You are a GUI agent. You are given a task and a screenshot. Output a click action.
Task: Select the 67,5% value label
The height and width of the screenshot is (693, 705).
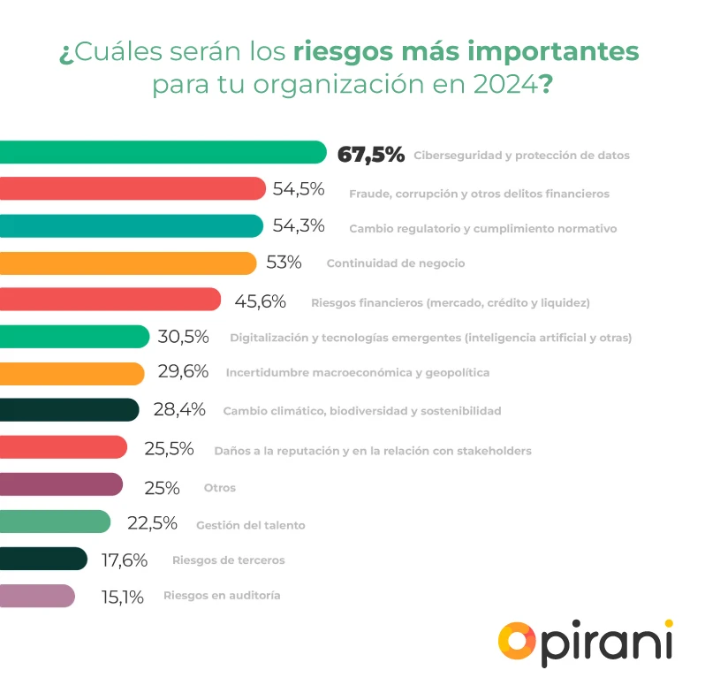[371, 155]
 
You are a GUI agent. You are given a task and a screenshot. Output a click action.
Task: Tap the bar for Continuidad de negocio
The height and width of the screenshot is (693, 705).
[128, 263]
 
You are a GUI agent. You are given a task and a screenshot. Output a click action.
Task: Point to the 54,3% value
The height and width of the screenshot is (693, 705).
[299, 226]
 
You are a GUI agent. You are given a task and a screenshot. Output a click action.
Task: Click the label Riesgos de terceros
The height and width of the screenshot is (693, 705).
[229, 560]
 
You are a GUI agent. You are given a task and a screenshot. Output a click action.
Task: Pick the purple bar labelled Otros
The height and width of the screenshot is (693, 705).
[62, 486]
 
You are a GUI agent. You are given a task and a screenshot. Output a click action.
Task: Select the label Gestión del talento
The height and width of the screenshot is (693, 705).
[250, 525]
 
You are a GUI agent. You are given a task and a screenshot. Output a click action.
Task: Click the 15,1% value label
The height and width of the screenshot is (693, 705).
[123, 597]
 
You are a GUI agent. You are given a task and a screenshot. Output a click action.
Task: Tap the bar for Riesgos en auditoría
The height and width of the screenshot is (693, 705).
[37, 597]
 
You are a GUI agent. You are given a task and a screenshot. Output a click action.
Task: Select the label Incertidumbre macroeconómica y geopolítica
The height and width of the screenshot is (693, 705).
[357, 373]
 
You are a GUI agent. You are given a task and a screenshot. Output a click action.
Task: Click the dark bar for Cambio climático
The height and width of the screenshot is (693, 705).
[69, 410]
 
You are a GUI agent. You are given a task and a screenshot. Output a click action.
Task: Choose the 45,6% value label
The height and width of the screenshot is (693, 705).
[260, 301]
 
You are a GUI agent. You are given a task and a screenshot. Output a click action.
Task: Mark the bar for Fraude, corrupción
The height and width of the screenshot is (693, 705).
[133, 189]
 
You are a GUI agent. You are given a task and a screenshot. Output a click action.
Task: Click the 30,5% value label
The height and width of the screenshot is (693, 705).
[183, 337]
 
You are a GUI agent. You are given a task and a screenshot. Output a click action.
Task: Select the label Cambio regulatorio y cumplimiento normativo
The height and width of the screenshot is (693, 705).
[482, 228]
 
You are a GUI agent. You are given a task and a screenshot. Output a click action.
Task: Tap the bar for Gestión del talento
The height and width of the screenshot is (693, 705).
[55, 522]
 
